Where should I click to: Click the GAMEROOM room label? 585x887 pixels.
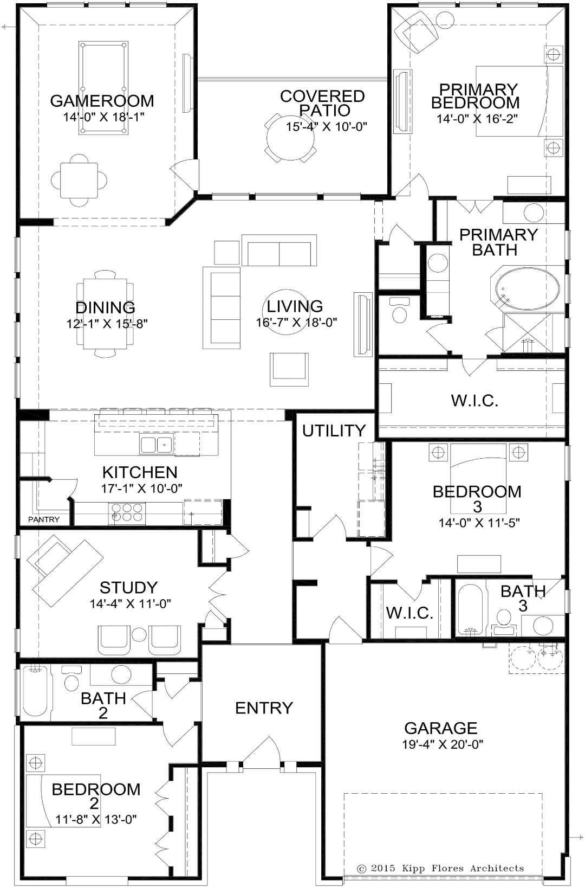click(102, 101)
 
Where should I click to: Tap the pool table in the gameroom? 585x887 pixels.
click(103, 88)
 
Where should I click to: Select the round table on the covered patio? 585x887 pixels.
click(290, 138)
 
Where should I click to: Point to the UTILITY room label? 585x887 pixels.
click(334, 430)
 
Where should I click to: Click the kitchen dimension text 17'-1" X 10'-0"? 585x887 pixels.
click(141, 489)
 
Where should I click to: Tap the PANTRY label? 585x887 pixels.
click(43, 519)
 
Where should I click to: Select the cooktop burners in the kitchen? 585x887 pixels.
click(127, 512)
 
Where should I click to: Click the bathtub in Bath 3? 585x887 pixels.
click(470, 609)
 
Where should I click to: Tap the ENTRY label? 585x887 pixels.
click(264, 708)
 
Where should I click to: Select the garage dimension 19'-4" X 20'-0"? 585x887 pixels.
click(443, 744)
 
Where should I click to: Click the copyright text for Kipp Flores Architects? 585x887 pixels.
click(440, 869)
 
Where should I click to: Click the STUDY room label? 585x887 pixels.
click(128, 588)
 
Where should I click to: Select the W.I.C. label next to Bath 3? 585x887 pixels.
click(409, 613)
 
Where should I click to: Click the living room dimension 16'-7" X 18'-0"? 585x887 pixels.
click(296, 323)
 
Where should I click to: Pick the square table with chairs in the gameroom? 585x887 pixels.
click(79, 180)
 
